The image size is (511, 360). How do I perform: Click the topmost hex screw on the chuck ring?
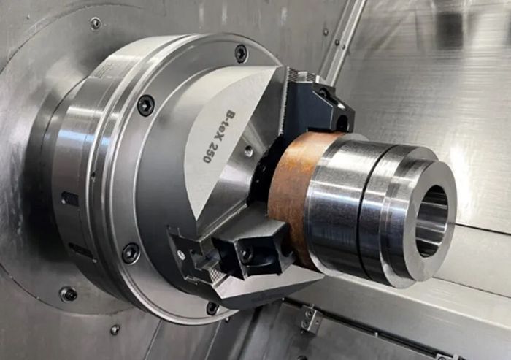(241, 53)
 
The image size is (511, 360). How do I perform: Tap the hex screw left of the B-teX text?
(146, 105)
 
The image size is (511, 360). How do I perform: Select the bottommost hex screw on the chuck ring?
(212, 308)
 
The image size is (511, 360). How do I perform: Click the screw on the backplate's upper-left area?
(96, 23)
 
